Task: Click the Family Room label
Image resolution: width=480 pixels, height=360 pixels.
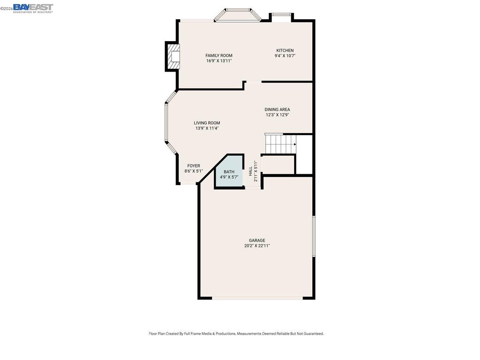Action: click(x=219, y=56)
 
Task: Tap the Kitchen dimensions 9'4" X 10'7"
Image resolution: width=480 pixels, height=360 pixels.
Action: click(x=285, y=56)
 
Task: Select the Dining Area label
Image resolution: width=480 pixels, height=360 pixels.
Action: click(x=277, y=109)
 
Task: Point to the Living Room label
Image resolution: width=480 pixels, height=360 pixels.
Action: click(x=207, y=123)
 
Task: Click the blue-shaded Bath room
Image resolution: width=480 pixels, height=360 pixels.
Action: click(x=229, y=174)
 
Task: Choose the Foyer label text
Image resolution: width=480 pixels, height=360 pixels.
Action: click(x=194, y=166)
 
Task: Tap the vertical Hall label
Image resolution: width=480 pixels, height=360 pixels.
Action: click(x=251, y=171)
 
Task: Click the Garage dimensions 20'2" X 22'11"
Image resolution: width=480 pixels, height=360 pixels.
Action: click(x=257, y=246)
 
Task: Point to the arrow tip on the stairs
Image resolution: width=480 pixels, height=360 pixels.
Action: click(x=296, y=144)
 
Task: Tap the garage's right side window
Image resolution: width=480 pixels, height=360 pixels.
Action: click(x=314, y=236)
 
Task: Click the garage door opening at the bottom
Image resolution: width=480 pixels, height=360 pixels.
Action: click(x=257, y=298)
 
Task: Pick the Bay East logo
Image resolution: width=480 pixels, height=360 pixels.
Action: click(x=33, y=8)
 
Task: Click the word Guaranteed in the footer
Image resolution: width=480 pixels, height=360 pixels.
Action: click(x=312, y=334)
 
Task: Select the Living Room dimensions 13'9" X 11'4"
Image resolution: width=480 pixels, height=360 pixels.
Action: click(x=207, y=128)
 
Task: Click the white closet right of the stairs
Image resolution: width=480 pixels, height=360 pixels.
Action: click(x=304, y=154)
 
